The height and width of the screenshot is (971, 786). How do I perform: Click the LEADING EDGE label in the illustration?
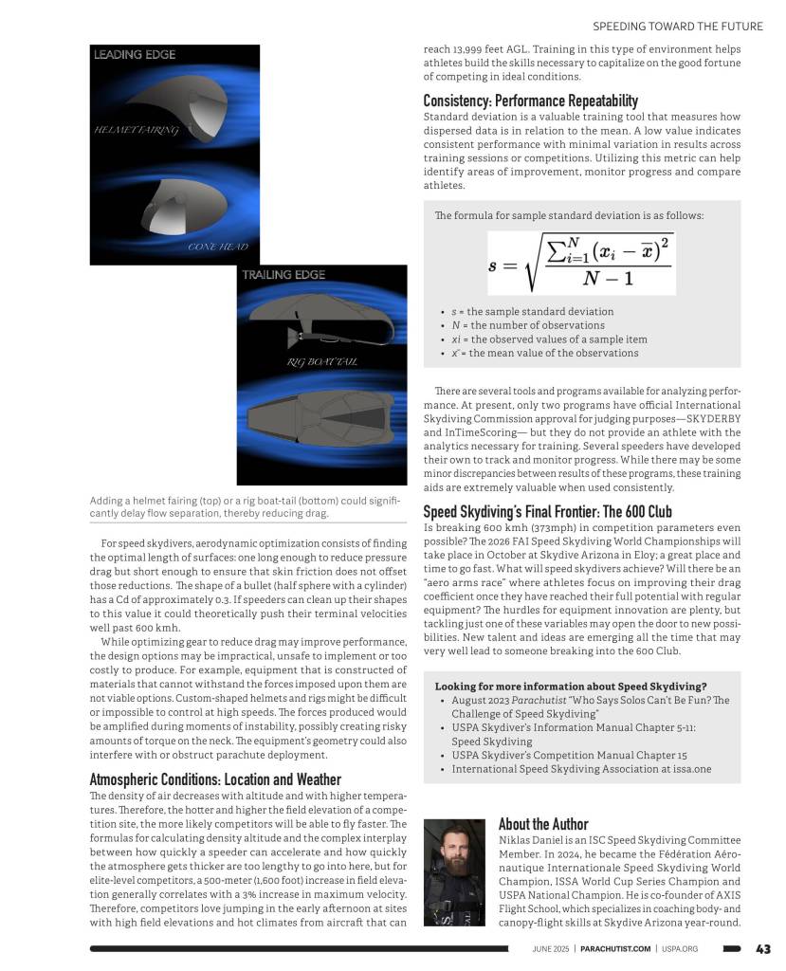pyautogui.click(x=134, y=55)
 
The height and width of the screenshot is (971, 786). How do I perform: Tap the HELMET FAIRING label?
pyautogui.click(x=136, y=130)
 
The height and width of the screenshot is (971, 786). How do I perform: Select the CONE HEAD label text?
pyautogui.click(x=218, y=247)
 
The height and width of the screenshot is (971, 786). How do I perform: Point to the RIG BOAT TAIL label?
pyautogui.click(x=321, y=362)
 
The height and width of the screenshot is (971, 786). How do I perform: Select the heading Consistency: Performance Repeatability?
pyautogui.click(x=530, y=101)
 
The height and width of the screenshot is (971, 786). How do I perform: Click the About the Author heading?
pyautogui.click(x=543, y=824)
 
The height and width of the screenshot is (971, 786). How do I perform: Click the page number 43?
pyautogui.click(x=763, y=948)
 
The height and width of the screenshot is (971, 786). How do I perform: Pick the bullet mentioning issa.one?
pyautogui.click(x=580, y=769)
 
